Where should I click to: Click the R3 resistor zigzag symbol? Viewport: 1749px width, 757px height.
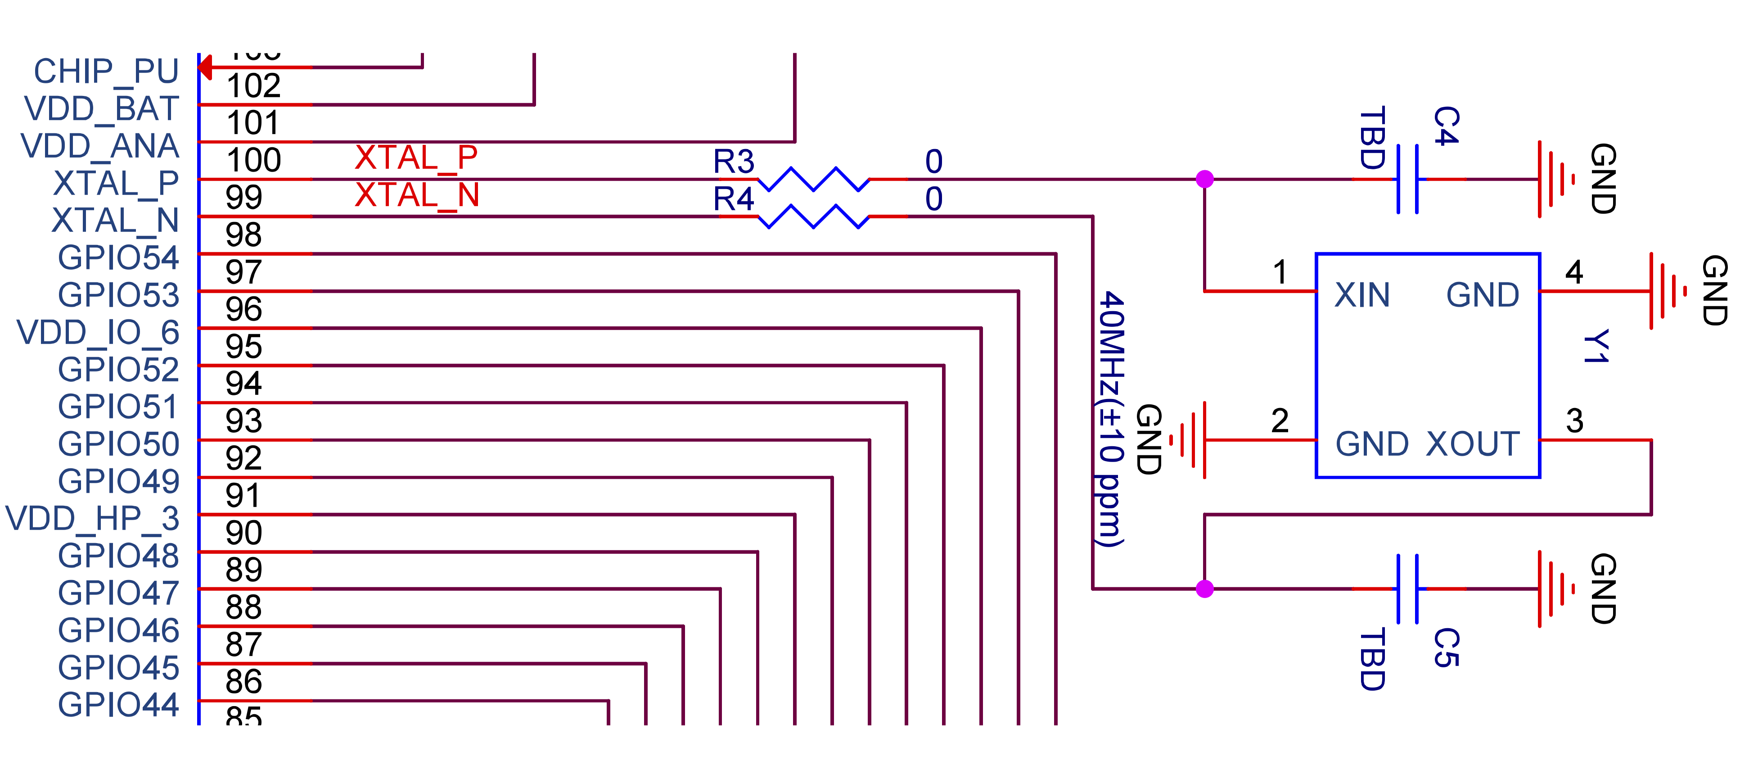click(813, 179)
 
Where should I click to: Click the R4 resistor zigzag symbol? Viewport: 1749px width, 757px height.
click(813, 217)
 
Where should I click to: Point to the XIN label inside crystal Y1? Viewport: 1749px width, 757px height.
click(1362, 295)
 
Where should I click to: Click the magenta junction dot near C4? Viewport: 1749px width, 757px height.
click(1204, 179)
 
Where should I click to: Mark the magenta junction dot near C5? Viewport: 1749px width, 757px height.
click(1204, 589)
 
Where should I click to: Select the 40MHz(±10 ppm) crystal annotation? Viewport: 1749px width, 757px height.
click(1111, 418)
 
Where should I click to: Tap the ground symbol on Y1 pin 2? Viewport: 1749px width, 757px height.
click(1190, 440)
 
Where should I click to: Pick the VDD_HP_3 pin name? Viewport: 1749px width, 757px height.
click(92, 518)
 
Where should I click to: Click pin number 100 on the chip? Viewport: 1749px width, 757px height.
click(253, 160)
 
